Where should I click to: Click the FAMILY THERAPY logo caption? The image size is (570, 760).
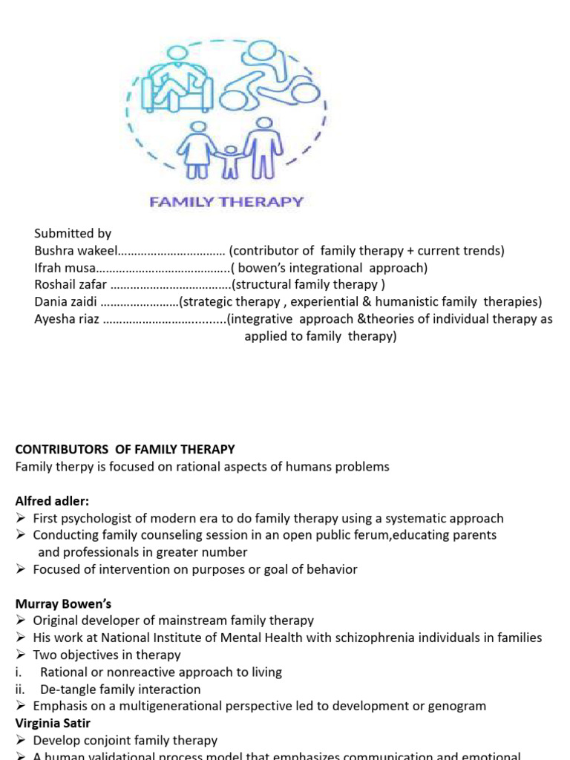click(x=227, y=201)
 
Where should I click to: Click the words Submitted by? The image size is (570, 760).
click(x=73, y=233)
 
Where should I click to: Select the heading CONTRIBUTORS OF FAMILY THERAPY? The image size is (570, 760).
click(x=125, y=449)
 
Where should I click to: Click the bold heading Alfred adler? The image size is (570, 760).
click(x=52, y=501)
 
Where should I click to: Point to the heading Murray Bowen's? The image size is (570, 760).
click(x=63, y=603)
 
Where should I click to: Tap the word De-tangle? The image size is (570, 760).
click(x=64, y=689)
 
